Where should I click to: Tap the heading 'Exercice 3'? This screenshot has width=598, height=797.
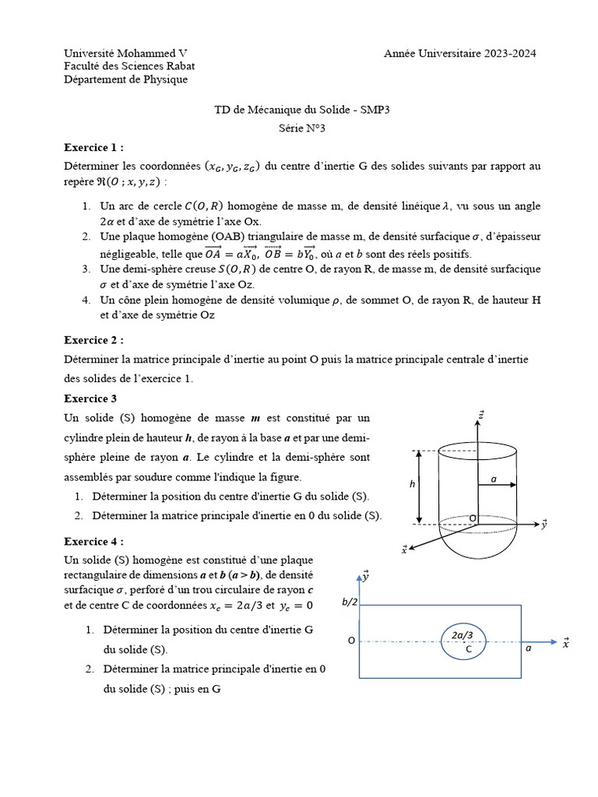pyautogui.click(x=90, y=398)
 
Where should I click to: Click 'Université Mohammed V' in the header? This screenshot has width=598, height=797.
pyautogui.click(x=125, y=53)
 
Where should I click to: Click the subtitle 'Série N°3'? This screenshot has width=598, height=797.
pyautogui.click(x=301, y=128)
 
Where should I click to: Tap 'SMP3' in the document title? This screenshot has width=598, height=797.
pyautogui.click(x=373, y=110)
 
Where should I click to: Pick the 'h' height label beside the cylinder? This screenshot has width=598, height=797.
pyautogui.click(x=412, y=484)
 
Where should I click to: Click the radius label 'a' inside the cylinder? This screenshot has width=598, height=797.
pyautogui.click(x=494, y=479)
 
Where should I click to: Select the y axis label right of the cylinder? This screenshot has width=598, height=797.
pyautogui.click(x=543, y=524)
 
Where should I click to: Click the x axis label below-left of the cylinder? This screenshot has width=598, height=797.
pyautogui.click(x=404, y=549)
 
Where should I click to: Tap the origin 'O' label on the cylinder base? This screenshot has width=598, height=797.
pyautogui.click(x=472, y=518)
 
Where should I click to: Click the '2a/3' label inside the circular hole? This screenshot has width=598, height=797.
pyautogui.click(x=463, y=635)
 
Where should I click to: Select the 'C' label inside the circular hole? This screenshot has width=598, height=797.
pyautogui.click(x=469, y=648)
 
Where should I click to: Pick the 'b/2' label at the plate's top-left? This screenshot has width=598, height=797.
pyautogui.click(x=349, y=602)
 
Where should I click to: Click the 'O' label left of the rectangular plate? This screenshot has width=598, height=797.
pyautogui.click(x=351, y=641)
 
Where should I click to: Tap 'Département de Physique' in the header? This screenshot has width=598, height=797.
pyautogui.click(x=125, y=79)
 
